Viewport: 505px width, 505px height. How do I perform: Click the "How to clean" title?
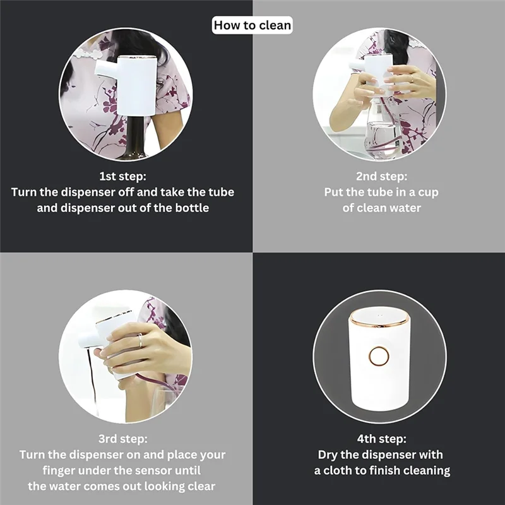pyautogui.click(x=252, y=25)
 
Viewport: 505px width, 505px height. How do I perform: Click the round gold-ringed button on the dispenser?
pyautogui.click(x=379, y=356)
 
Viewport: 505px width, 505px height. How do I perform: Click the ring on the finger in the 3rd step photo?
pyautogui.click(x=140, y=341)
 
